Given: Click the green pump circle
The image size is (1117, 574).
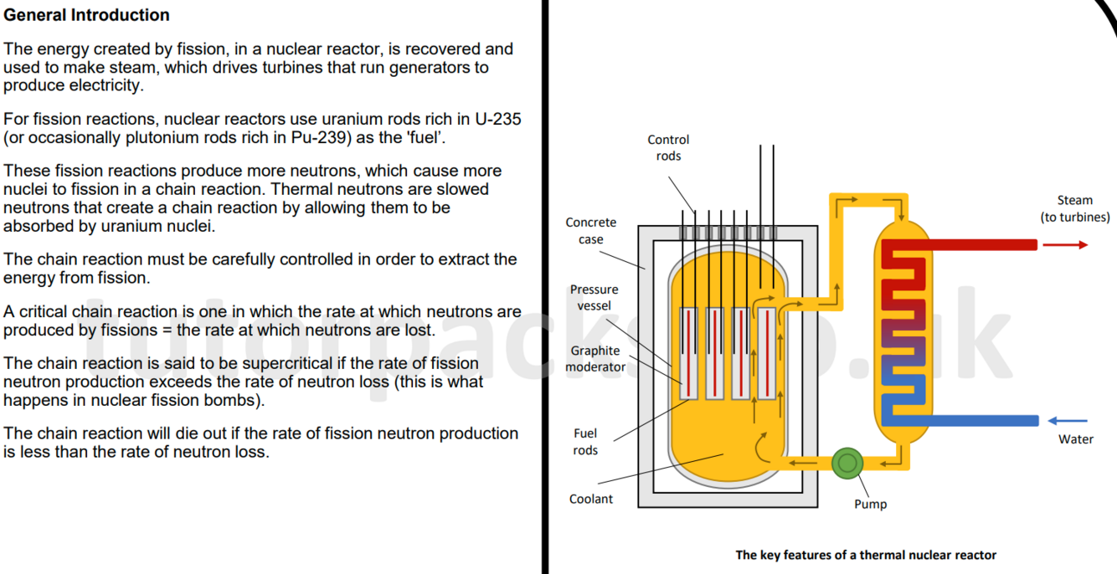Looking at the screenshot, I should tap(847, 462).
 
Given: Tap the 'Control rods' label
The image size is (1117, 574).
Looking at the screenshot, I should tap(668, 148).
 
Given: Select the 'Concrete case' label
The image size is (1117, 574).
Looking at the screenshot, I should tap(590, 231).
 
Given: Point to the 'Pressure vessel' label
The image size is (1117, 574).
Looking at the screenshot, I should tap(594, 298).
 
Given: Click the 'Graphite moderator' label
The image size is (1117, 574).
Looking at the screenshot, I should tap(595, 359).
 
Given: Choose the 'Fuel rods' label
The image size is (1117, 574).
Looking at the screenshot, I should tap(585, 442).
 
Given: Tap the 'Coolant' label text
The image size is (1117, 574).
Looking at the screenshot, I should tap(591, 499).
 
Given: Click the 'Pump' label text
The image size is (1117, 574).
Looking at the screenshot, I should tap(870, 504).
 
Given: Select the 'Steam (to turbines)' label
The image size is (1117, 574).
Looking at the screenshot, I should tap(1074, 209).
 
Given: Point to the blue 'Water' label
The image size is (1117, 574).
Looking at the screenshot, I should tap(1075, 439).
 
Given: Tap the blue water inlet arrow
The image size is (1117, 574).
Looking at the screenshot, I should tap(1068, 421).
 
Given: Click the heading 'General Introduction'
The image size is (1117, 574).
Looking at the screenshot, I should tap(86, 15).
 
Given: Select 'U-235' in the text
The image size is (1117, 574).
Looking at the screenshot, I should tap(497, 119).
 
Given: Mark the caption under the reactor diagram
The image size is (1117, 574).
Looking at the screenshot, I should tap(866, 555).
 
